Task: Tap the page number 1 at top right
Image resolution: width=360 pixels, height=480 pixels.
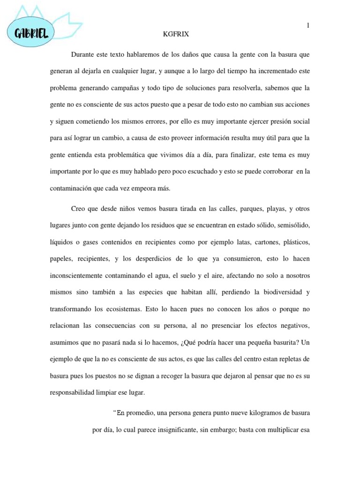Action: point(308,26)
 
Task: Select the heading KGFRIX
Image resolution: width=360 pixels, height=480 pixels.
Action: point(176,34)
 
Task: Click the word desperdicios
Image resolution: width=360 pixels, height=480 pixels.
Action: point(156,259)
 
